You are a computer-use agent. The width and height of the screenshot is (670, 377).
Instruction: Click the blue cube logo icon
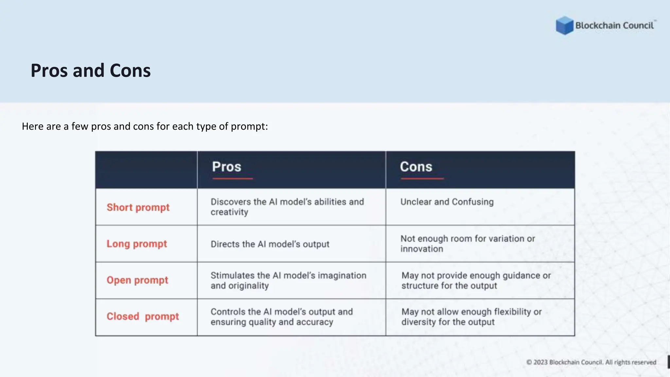tap(564, 26)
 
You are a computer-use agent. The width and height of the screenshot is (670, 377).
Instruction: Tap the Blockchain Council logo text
tap(614, 26)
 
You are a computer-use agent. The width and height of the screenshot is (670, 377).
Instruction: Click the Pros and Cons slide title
tap(91, 70)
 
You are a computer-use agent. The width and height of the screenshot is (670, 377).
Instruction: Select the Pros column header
tap(226, 167)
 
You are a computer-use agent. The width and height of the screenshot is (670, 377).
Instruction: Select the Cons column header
tap(416, 167)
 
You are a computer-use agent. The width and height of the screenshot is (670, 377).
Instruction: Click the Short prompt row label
tap(138, 207)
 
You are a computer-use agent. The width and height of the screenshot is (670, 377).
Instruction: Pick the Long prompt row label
tap(137, 244)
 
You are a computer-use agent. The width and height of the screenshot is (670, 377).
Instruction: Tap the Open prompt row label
tap(137, 280)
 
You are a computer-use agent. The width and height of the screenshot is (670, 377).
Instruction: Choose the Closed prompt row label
tap(143, 316)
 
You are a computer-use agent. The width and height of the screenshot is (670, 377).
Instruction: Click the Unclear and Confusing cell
tap(447, 202)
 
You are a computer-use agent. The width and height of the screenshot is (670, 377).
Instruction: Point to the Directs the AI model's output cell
tap(270, 244)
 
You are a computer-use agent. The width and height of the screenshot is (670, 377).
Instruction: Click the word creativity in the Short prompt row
tap(229, 212)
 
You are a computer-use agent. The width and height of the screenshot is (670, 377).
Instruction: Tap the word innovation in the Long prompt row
tap(422, 249)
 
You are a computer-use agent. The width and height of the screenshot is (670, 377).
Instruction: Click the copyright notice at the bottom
tap(591, 362)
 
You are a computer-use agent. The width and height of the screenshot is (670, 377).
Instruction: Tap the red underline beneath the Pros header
tap(233, 179)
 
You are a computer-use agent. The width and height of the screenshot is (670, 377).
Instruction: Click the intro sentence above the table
tap(145, 126)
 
